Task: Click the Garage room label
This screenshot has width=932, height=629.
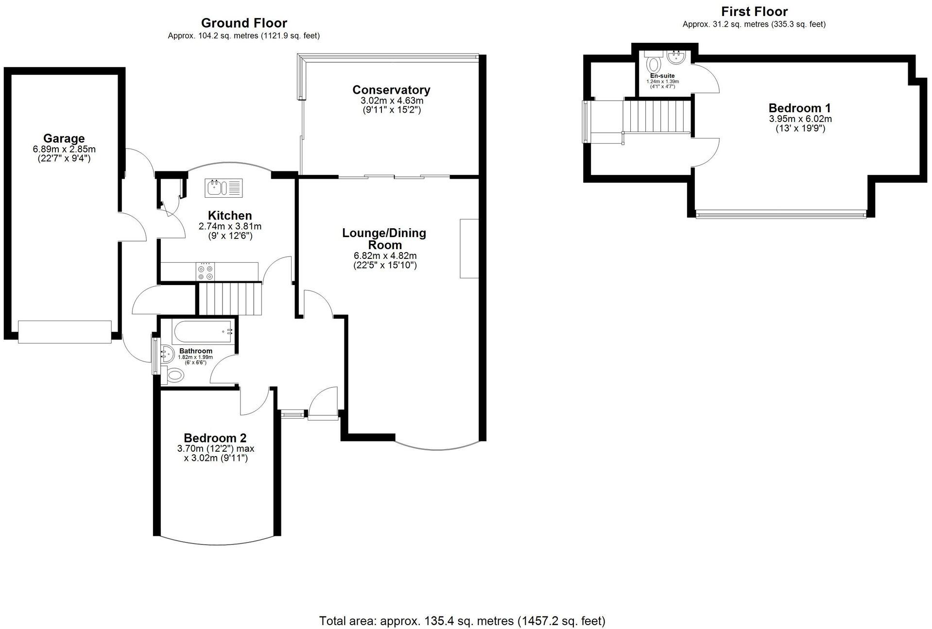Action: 64,138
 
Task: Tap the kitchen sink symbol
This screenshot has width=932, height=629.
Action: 224,188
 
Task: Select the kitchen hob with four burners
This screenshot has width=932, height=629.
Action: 205,271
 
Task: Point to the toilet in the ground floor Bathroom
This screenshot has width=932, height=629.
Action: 175,374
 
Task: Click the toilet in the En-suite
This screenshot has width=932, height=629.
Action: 655,64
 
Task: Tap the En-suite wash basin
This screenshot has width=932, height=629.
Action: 676,58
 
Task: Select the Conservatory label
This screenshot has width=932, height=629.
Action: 391,90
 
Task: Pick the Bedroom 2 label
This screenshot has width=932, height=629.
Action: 215,438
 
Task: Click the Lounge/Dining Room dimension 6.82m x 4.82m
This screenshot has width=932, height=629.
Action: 385,255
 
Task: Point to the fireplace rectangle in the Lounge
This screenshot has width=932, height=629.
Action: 469,248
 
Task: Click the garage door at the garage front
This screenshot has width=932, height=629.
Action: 65,332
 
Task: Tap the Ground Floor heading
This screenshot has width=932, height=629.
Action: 244,23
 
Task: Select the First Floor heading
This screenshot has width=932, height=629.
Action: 754,11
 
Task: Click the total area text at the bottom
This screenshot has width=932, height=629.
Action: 462,621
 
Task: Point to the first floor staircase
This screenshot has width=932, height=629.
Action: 656,116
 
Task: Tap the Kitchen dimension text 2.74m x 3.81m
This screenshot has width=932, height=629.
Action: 230,226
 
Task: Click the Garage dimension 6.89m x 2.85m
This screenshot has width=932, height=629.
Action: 64,149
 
